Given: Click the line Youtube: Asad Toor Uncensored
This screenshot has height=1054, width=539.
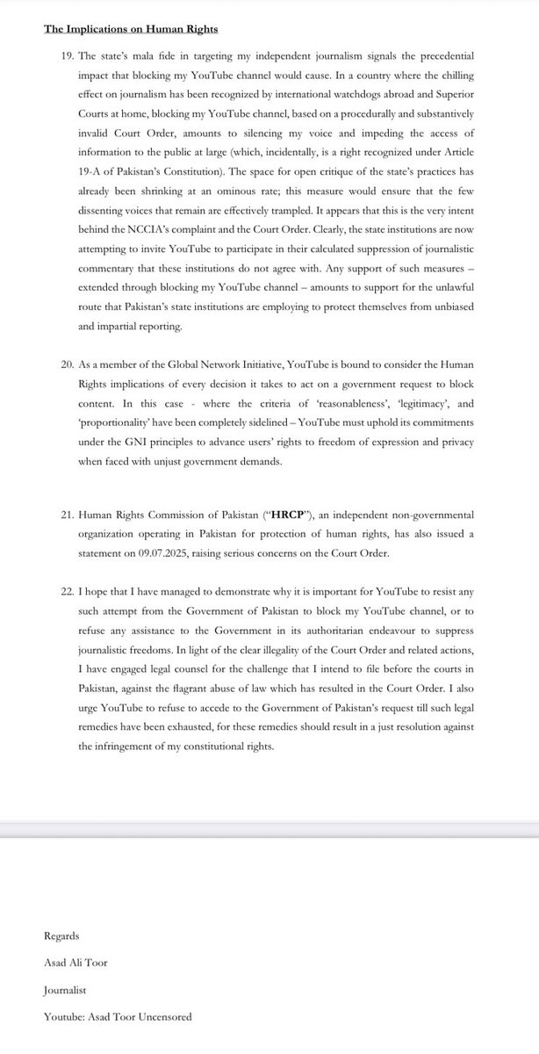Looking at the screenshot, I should [118, 1016].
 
